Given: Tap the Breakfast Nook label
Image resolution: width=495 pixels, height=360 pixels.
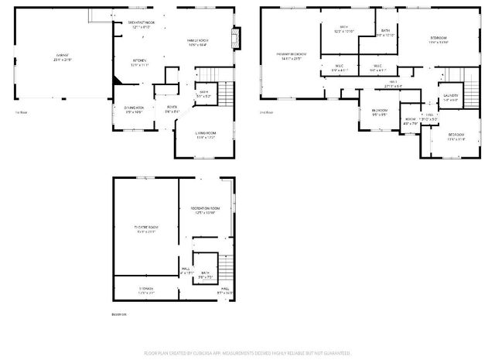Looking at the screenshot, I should pyautogui.click(x=141, y=24).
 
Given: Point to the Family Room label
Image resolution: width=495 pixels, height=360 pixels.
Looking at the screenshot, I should pyautogui.click(x=196, y=41).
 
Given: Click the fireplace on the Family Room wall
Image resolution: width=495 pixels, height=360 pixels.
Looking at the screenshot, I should pyautogui.click(x=237, y=35).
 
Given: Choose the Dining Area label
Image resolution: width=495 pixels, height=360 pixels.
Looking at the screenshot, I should pyautogui.click(x=134, y=108).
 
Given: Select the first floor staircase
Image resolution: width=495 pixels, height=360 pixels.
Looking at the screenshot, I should pyautogui.click(x=224, y=94).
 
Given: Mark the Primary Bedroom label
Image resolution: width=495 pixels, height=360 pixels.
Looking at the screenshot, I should pyautogui.click(x=292, y=54).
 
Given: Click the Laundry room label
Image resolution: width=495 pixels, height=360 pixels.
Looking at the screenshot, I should pyautogui.click(x=450, y=96).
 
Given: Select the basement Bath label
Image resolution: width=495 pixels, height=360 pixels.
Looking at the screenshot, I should pyautogui.click(x=205, y=273).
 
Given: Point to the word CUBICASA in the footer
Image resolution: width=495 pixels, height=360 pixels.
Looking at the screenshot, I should pyautogui.click(x=205, y=353).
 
